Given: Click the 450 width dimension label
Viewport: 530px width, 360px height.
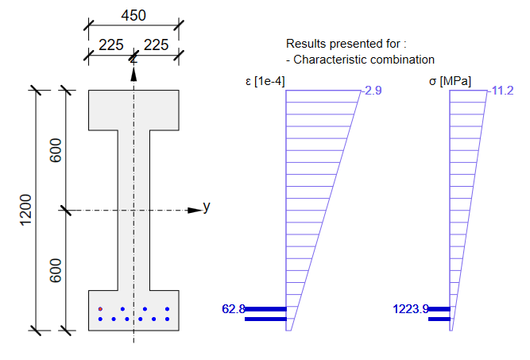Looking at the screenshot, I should [x=133, y=16].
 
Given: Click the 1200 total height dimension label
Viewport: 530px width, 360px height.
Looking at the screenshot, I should [x=26, y=209].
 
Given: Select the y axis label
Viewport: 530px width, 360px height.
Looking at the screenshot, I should [x=207, y=207].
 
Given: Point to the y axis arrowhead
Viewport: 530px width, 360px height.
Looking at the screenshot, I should [x=192, y=210].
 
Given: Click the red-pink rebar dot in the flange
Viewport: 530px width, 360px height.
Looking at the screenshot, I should [x=100, y=308].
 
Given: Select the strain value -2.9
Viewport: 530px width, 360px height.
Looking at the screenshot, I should [x=372, y=91].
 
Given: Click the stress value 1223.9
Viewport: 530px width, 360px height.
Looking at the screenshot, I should [x=410, y=308].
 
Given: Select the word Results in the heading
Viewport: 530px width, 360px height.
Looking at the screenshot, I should [x=305, y=44].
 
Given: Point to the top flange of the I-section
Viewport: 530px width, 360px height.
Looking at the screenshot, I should [x=133, y=110].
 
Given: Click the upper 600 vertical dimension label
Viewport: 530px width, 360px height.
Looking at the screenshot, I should [x=56, y=151].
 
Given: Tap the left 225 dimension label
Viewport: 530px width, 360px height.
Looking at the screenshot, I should [x=110, y=45].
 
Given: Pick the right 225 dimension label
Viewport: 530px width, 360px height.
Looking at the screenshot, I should [x=157, y=45].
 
